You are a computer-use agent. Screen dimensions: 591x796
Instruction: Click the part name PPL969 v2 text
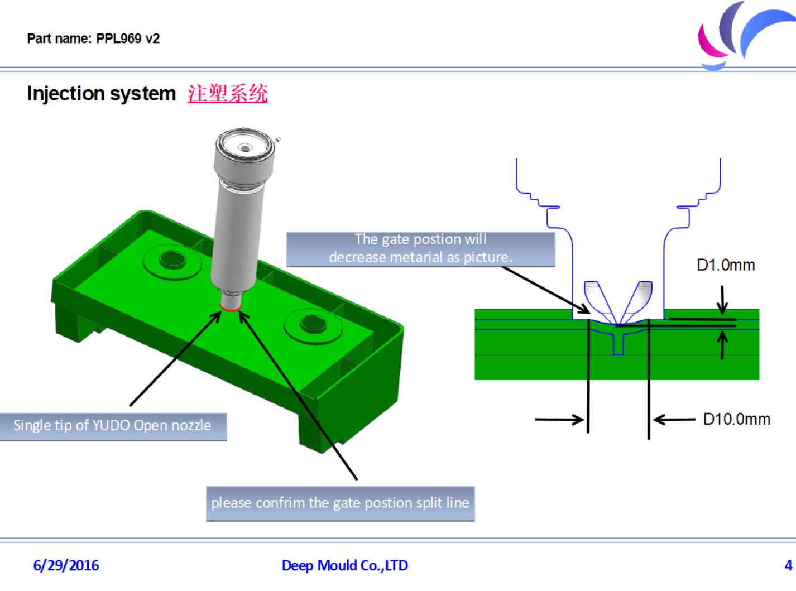(x=93, y=39)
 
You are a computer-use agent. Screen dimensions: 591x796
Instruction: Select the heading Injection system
(x=101, y=93)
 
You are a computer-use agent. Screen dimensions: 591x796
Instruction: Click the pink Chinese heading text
(x=227, y=93)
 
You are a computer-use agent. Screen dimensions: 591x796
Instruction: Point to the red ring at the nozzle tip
(x=231, y=307)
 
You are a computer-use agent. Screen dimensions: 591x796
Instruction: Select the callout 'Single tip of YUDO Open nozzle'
(x=112, y=426)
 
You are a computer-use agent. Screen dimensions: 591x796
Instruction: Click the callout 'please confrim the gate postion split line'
(x=340, y=503)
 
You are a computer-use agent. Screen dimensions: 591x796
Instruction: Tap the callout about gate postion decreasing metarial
(x=420, y=248)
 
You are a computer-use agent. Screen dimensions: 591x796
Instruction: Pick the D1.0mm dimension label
(x=726, y=265)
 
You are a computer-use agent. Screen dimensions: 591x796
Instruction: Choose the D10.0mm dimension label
(x=736, y=419)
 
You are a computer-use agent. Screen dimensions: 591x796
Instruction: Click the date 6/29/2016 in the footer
(x=66, y=565)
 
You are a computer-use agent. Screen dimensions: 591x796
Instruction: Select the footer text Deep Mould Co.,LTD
(x=344, y=565)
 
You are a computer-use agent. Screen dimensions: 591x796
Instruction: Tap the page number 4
(x=788, y=565)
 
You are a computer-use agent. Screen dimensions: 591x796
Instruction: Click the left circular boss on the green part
(x=172, y=260)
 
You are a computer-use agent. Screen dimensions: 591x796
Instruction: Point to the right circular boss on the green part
(x=312, y=323)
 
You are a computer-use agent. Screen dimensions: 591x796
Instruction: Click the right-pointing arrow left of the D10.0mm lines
(x=559, y=419)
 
